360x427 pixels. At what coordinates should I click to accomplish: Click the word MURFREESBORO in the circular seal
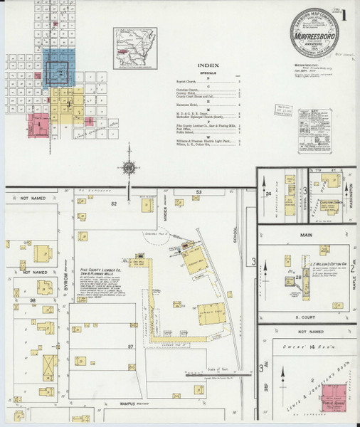pyautogui.click(x=317, y=32)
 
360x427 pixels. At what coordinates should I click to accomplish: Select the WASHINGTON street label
pyautogui.click(x=351, y=197)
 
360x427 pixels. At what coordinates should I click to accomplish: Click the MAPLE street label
pyautogui.click(x=353, y=271)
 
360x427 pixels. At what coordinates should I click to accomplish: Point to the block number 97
pyautogui.click(x=130, y=346)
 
